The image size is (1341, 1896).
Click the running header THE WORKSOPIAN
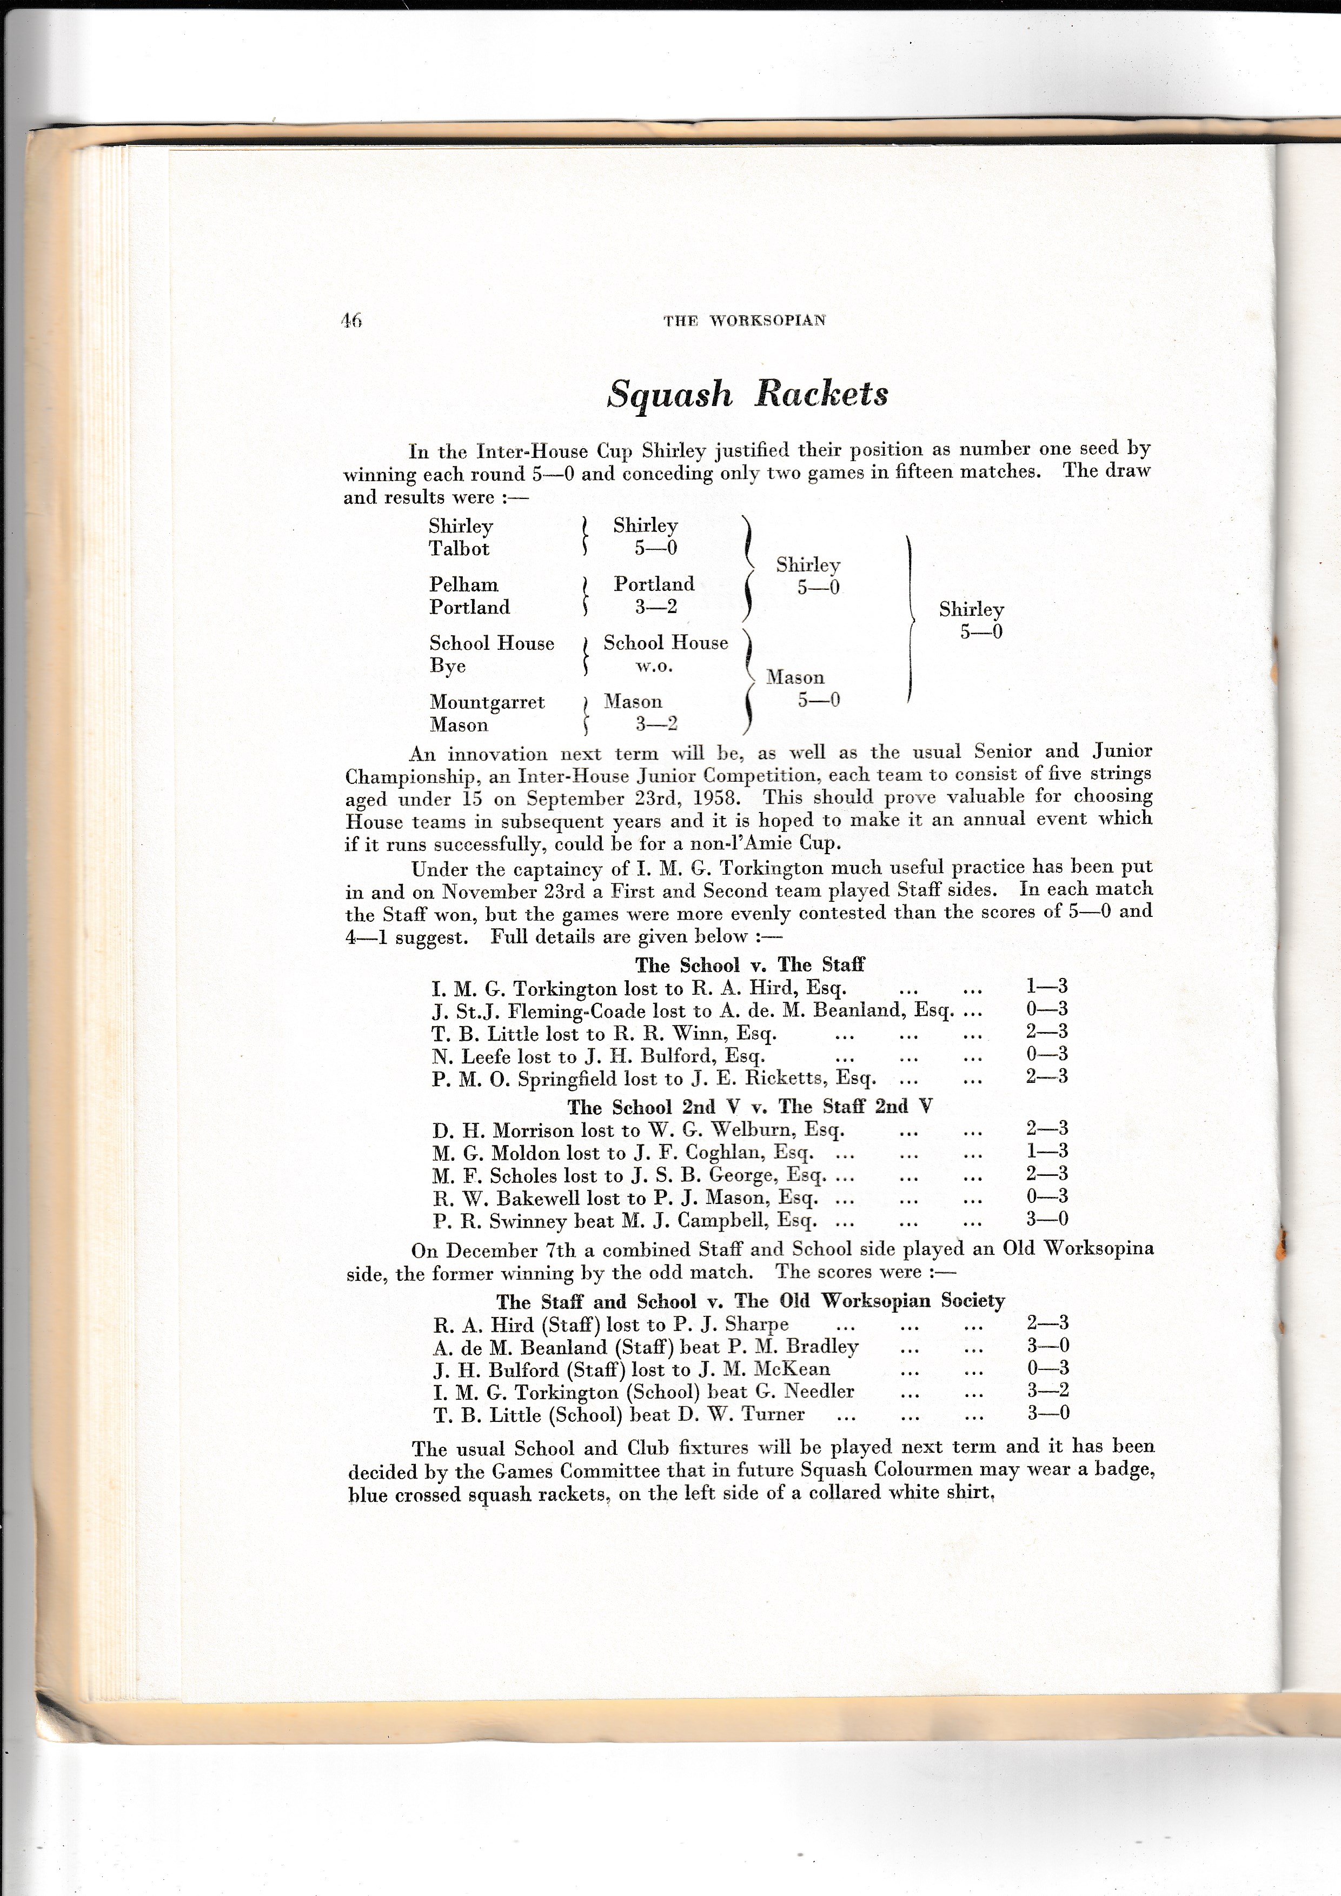744,321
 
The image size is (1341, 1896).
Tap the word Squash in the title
669,394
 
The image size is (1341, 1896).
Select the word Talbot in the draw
459,549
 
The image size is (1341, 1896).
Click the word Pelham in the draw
463,584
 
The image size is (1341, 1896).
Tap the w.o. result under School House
654,667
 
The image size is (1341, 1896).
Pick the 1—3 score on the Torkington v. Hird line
1046,986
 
